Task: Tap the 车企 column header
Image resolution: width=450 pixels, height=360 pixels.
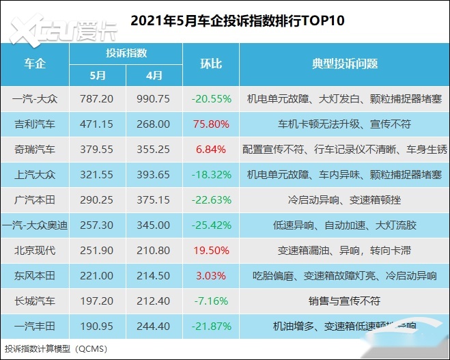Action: point(34,64)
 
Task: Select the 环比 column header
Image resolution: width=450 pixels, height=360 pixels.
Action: point(211,64)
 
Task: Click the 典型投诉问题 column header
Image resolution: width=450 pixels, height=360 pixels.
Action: point(344,64)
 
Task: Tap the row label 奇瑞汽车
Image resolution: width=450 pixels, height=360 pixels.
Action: point(34,149)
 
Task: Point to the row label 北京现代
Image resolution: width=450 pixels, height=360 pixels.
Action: point(34,250)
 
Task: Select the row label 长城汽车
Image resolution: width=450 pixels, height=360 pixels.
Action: point(34,301)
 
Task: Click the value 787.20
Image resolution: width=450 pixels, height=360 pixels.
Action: point(98,98)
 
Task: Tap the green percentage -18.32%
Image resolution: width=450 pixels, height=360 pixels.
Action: point(211,174)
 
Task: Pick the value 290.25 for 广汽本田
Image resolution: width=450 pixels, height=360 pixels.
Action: point(98,199)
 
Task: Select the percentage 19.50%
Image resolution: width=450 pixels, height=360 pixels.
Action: point(211,250)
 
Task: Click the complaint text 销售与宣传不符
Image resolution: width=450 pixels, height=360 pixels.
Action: point(344,301)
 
